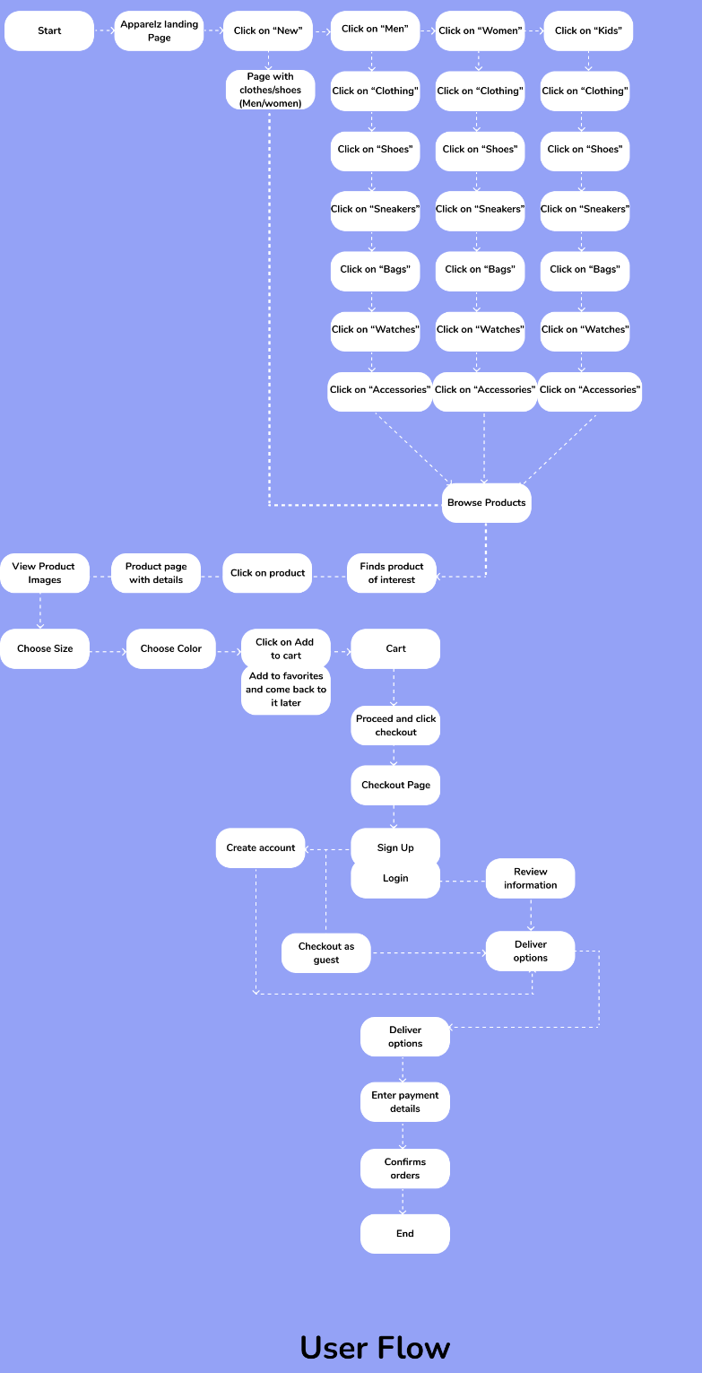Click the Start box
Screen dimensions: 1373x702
49,30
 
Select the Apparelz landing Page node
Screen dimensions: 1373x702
159,30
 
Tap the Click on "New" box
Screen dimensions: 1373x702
267,30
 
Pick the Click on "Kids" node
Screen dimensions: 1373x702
588,30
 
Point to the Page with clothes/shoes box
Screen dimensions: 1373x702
270,90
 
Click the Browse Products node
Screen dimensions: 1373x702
486,502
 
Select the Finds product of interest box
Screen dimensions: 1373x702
392,573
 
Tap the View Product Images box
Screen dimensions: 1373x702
44,573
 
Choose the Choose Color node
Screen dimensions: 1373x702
170,648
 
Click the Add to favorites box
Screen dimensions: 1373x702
286,690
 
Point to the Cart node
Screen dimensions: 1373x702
395,648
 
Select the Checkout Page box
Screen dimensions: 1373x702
395,785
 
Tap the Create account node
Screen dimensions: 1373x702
260,847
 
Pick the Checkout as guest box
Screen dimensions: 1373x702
326,952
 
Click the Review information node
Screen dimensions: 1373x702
530,878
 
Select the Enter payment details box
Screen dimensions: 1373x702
405,1101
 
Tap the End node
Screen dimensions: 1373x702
405,1233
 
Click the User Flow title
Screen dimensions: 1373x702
375,1347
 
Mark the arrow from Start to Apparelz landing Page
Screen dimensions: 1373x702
104,30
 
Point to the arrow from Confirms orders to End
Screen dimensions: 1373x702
403,1202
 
